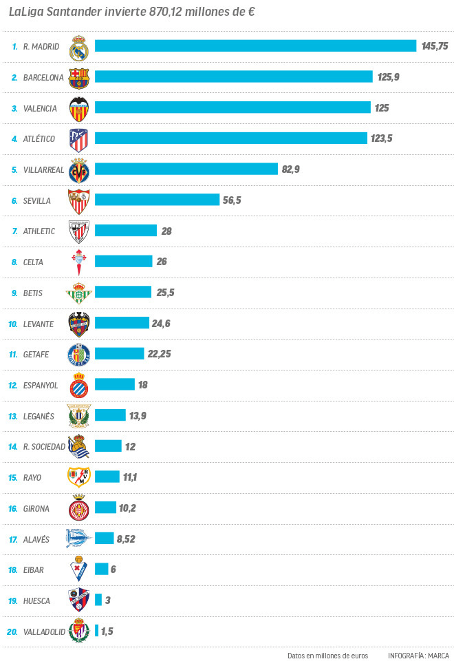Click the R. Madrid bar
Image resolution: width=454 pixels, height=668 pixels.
tap(255, 46)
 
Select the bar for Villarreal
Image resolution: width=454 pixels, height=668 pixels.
tap(186, 169)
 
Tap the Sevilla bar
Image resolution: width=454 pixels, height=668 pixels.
tap(156, 200)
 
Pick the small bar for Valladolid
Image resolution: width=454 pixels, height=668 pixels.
tap(97, 631)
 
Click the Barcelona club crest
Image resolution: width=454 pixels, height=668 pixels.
tap(79, 77)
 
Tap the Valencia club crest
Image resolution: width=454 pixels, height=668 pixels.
tap(79, 108)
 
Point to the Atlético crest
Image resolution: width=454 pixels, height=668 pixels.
tap(79, 139)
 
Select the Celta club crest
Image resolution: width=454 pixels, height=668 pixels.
tap(79, 262)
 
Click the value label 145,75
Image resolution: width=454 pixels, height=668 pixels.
tap(435, 46)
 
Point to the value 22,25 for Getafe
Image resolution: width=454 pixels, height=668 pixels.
tap(159, 354)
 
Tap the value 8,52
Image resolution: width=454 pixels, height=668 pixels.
tap(126, 539)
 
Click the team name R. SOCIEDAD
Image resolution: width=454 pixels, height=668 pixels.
tap(44, 447)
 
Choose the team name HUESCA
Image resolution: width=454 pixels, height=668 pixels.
tap(36, 601)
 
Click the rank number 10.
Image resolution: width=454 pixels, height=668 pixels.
tap(13, 324)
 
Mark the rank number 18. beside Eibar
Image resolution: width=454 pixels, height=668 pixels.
tap(13, 570)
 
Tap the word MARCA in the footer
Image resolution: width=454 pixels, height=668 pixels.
tap(438, 656)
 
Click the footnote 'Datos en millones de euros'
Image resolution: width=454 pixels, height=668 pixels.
tap(327, 656)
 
